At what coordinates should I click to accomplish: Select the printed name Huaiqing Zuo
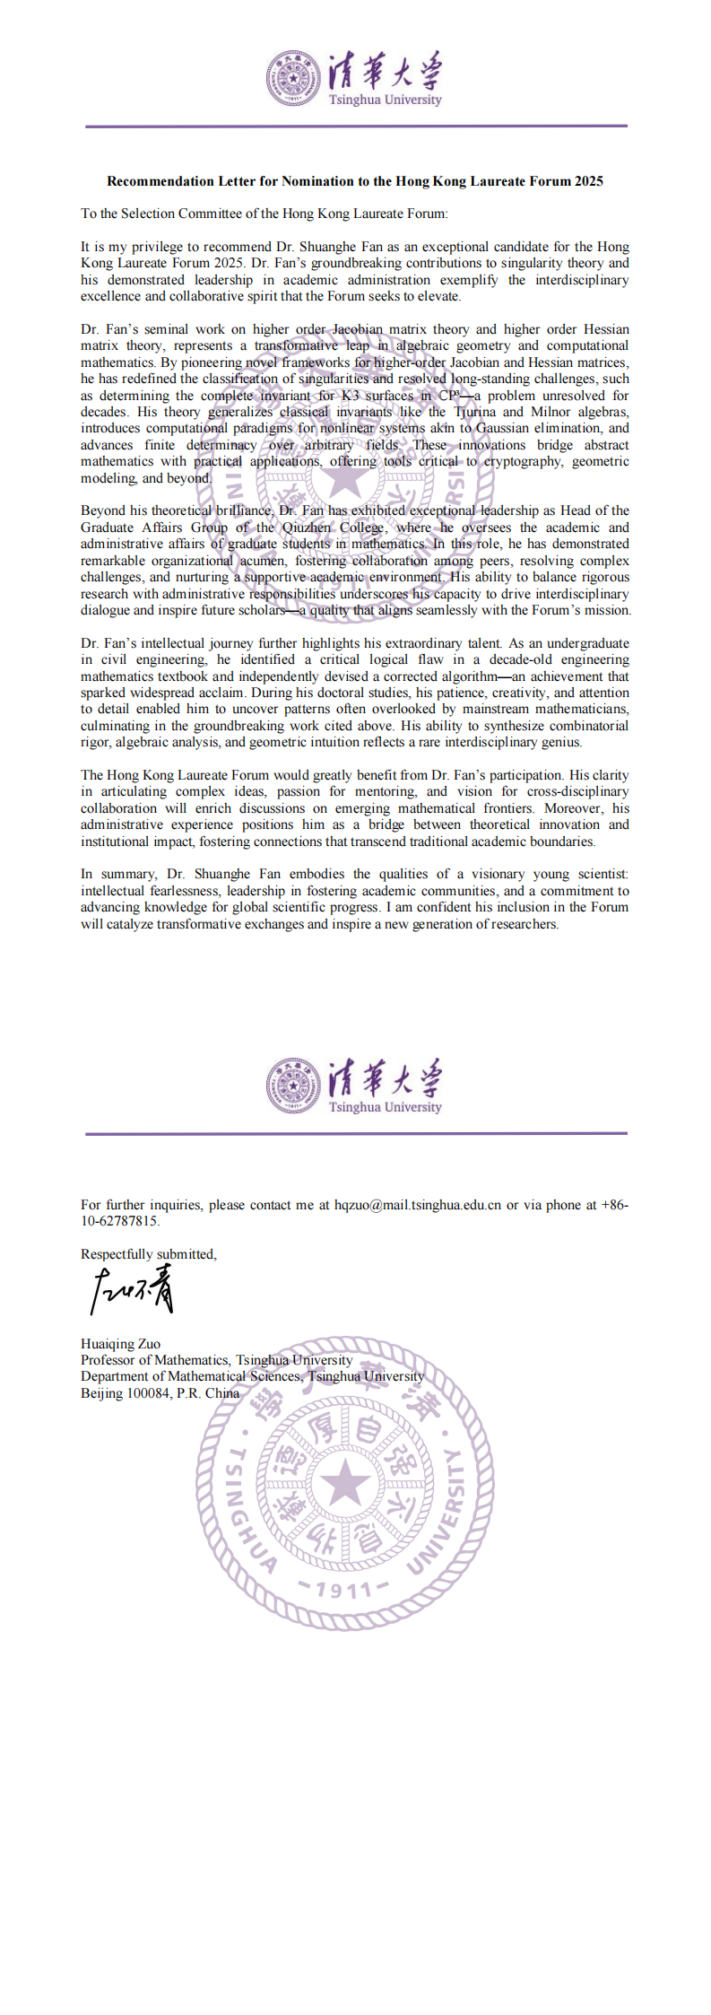[120, 1344]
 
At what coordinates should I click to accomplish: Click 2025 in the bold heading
[588, 181]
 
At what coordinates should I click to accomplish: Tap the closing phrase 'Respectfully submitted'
[148, 1254]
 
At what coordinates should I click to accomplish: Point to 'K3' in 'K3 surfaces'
[351, 396]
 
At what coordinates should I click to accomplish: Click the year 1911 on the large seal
[345, 1591]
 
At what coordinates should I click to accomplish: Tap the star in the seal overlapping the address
[345, 1482]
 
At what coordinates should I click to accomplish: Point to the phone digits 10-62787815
[119, 1221]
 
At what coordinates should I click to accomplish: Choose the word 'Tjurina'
[474, 412]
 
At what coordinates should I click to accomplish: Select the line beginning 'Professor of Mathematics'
[216, 1360]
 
